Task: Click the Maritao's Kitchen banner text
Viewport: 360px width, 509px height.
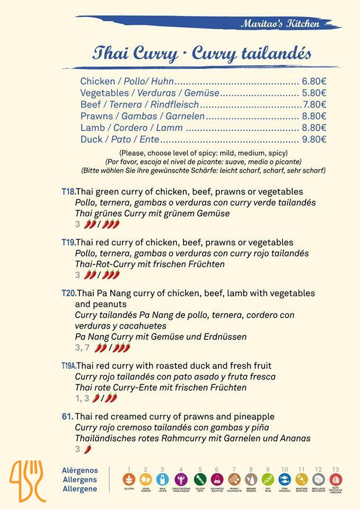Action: pos(280,23)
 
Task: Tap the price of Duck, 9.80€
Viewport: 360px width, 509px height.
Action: pos(314,139)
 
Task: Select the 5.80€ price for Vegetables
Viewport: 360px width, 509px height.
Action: pos(314,93)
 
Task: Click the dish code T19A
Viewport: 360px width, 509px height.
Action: pos(69,366)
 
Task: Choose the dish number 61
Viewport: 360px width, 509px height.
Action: pos(67,417)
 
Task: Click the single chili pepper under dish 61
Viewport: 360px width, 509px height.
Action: pos(87,449)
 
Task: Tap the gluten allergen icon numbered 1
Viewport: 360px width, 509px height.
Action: pos(128,480)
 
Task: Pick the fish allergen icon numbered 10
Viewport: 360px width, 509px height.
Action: pos(285,480)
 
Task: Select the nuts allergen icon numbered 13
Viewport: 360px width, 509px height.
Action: pos(336,480)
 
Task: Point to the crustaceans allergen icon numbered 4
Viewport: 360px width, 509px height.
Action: pos(181,480)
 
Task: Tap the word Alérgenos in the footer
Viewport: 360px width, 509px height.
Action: pos(80,470)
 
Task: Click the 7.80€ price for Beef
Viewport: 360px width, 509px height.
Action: pos(315,104)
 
